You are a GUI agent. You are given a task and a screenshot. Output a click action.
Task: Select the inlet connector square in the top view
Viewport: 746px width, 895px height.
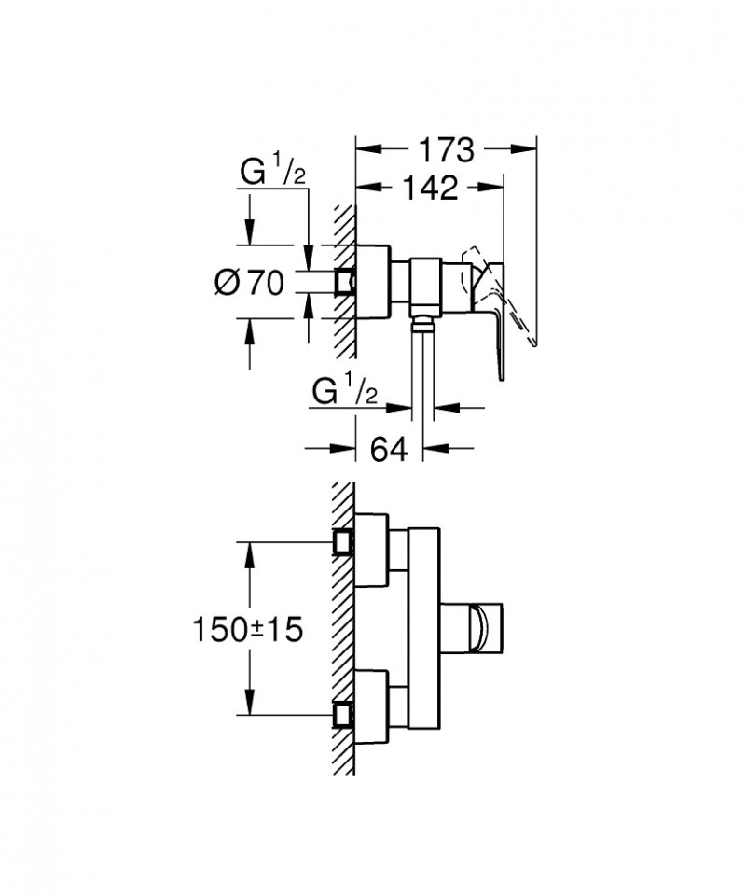(346, 281)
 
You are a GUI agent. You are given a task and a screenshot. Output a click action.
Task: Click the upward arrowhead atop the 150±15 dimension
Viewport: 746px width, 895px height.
(248, 551)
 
